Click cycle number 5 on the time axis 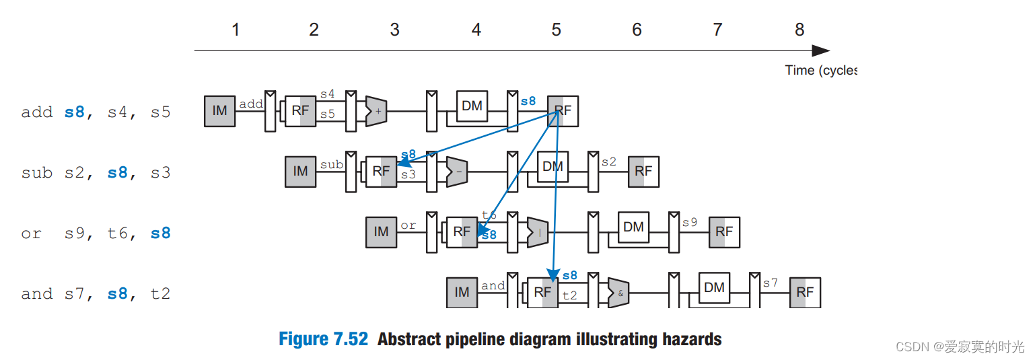point(556,30)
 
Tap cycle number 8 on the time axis point(799,30)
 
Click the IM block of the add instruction point(219,111)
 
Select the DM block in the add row point(472,106)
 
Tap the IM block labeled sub point(300,172)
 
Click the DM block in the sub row point(552,166)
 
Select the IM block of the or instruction point(381,232)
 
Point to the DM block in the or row point(633,227)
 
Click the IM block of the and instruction point(462,293)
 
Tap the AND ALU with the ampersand point(618,293)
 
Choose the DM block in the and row point(714,288)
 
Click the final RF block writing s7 point(805,293)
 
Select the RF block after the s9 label point(724,232)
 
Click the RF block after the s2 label point(643,172)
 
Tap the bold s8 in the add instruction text point(75,112)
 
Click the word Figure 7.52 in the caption point(323,339)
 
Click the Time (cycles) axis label point(820,70)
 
